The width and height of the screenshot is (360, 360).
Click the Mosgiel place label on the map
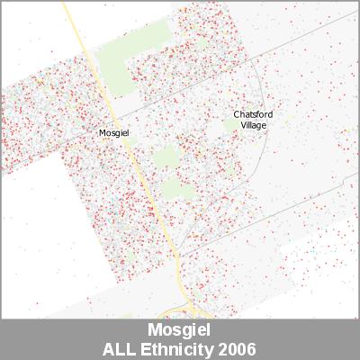(x=113, y=132)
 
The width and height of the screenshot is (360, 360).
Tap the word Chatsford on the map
(x=253, y=114)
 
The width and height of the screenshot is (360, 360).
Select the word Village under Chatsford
(x=253, y=125)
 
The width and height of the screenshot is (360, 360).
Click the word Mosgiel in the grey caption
(x=179, y=331)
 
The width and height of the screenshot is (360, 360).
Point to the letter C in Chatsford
(x=237, y=114)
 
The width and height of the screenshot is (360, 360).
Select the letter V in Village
(x=242, y=125)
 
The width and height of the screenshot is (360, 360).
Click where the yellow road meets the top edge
(x=64, y=2)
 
